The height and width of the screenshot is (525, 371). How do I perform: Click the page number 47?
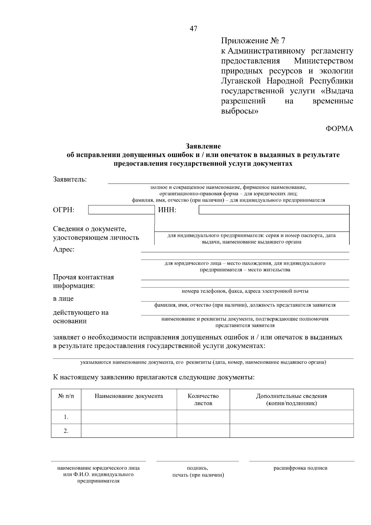tap(193, 29)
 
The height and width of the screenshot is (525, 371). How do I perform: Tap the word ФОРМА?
tap(339, 129)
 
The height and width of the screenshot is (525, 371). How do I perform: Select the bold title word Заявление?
tap(203, 146)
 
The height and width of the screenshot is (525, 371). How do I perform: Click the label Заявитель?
tap(70, 179)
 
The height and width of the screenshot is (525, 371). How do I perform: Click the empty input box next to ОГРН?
tap(121, 210)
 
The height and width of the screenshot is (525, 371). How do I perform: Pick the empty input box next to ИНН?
tap(274, 210)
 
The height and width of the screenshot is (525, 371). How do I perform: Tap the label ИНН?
tap(167, 210)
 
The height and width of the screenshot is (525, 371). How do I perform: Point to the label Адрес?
tap(64, 250)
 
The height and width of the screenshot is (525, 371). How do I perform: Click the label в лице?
tap(63, 299)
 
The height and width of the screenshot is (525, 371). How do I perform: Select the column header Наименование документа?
tap(129, 396)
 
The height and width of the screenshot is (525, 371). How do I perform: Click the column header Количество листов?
tap(203, 399)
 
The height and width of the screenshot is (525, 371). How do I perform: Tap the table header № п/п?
tap(66, 396)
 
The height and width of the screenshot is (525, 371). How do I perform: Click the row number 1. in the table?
tap(66, 417)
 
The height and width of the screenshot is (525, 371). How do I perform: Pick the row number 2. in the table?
tap(66, 431)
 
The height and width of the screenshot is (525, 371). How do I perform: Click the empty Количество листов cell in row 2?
tap(203, 431)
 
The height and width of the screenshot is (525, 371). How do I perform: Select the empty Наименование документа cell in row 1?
tap(129, 417)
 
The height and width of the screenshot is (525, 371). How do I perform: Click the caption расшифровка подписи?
tap(301, 468)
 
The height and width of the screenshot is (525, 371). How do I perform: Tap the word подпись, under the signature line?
tap(198, 468)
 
